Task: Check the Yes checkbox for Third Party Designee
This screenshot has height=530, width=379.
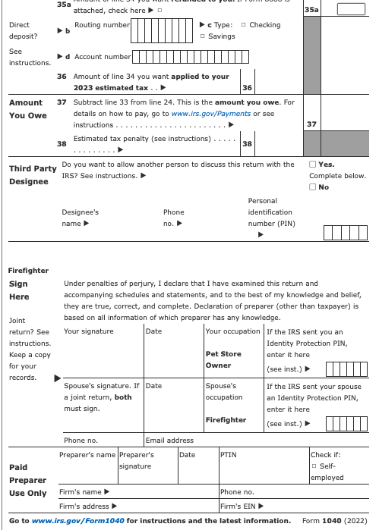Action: [314, 165]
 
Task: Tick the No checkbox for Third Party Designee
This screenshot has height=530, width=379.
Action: [314, 187]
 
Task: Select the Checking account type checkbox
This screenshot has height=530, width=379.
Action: [243, 25]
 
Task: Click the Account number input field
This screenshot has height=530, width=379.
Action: [186, 57]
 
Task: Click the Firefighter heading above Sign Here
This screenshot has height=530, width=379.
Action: [28, 271]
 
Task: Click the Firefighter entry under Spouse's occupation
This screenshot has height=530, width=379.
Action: [226, 419]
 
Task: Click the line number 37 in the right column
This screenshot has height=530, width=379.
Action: [311, 124]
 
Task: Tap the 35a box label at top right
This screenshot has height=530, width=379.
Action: [311, 10]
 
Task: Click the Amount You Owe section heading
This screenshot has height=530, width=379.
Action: [27, 108]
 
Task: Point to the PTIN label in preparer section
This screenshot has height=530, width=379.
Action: [228, 454]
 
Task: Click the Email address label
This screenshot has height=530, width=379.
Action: [169, 441]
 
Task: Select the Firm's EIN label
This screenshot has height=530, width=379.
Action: [242, 506]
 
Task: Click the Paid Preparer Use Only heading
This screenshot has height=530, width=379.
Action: [27, 480]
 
